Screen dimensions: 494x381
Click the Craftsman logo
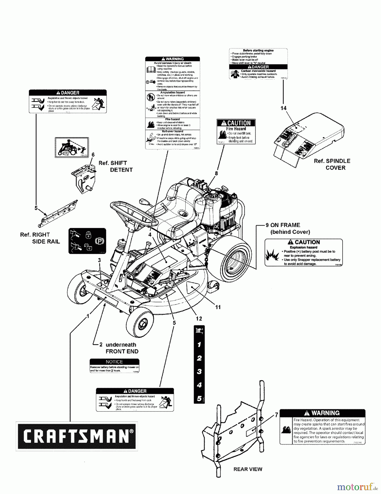(77, 436)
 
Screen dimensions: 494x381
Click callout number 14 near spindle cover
(283, 108)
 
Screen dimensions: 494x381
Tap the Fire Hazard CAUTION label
(236, 131)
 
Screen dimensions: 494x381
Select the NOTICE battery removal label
(114, 366)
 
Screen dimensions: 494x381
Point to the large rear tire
(235, 259)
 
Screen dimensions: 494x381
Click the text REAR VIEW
(248, 469)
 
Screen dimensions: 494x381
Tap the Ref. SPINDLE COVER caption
(332, 164)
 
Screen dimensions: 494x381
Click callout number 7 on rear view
(276, 415)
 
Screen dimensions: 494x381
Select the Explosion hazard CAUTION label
(303, 252)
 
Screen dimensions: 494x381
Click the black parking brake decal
(87, 241)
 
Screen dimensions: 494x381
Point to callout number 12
(199, 318)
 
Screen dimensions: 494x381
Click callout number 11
(218, 307)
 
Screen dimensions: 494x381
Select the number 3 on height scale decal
(199, 372)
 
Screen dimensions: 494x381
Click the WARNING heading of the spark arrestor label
(322, 413)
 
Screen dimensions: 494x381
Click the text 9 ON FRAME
(283, 225)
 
